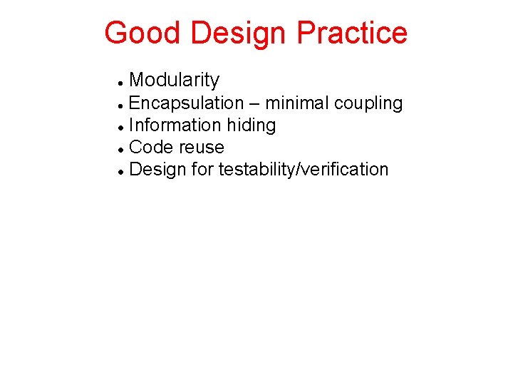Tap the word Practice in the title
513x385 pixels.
tap(352, 34)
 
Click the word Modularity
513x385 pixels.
tap(175, 81)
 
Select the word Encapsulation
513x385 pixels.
tap(187, 103)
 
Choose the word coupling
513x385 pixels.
tap(368, 104)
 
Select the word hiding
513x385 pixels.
tap(252, 126)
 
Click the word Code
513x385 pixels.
tap(152, 148)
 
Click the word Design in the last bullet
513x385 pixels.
tap(158, 170)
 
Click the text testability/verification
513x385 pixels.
tap(304, 170)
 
